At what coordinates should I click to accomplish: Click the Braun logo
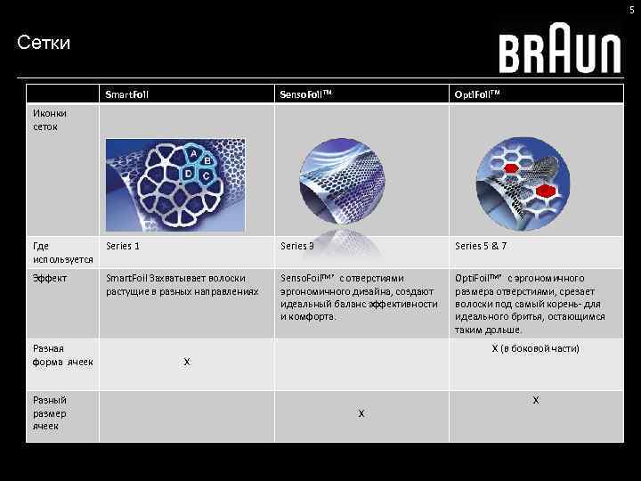coord(559,53)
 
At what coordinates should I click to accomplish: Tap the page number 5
coord(632,10)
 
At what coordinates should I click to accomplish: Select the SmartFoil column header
coord(127,94)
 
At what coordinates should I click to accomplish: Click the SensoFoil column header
coord(305,94)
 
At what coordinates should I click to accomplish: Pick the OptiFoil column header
coord(482,94)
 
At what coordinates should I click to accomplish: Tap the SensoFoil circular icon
coord(343,183)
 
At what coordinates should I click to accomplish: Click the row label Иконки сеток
coord(49,119)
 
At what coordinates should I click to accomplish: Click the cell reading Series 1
coord(123,247)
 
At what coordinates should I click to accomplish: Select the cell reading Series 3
coord(296,247)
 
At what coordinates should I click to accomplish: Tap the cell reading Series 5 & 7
coord(481,247)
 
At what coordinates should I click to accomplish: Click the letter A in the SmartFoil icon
coord(193,154)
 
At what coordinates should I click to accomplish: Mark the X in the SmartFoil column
coord(186,363)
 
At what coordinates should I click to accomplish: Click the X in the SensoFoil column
coord(361,413)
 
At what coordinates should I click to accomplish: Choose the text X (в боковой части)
coord(535,348)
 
